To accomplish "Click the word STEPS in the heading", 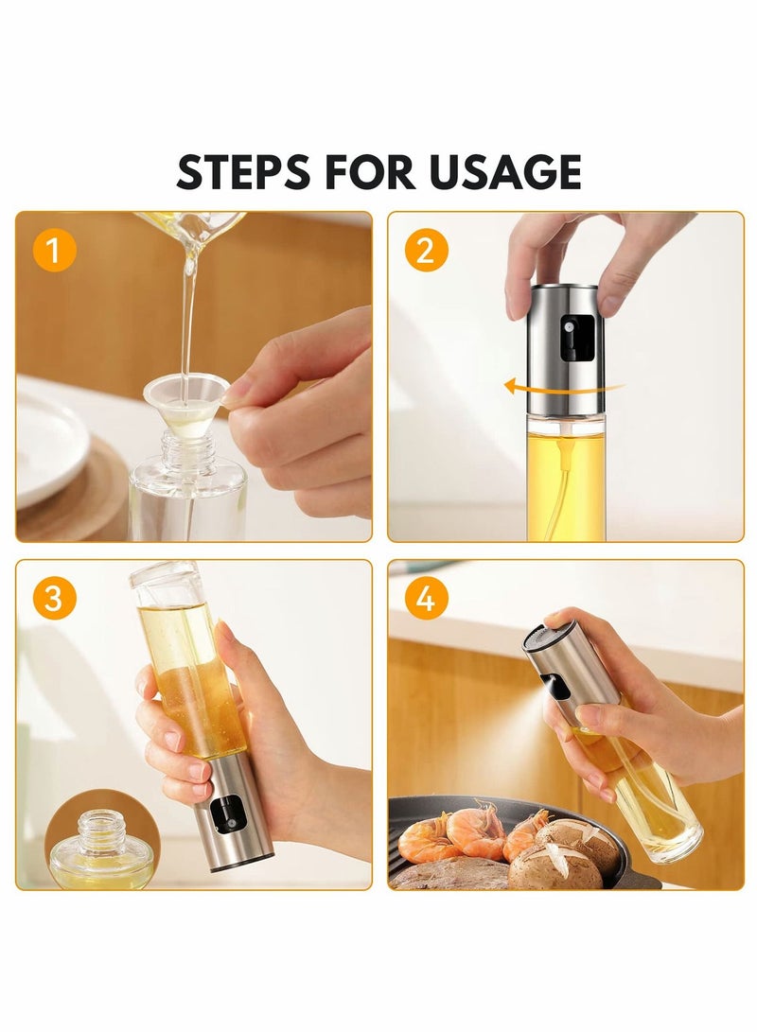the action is [243, 172].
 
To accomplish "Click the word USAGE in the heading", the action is [505, 172].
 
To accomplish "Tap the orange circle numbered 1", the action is [54, 250].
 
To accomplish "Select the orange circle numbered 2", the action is [427, 250].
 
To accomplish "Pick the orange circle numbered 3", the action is [54, 598].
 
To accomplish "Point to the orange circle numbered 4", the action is [427, 598].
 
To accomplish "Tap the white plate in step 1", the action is [49, 447].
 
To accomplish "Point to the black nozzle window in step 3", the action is [227, 814].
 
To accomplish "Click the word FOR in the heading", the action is [369, 172].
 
